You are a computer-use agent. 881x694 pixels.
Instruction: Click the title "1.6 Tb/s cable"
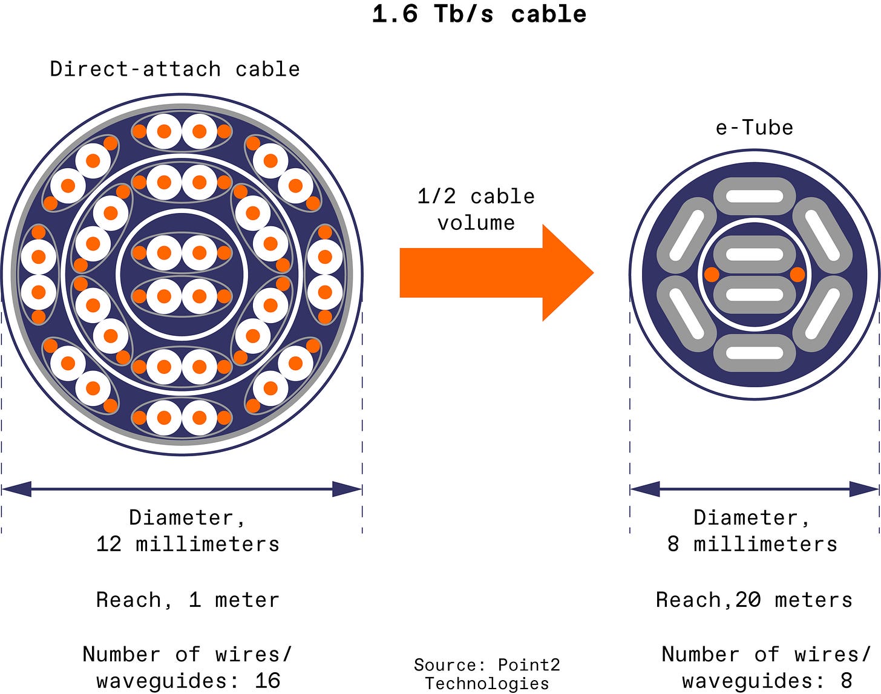coord(479,15)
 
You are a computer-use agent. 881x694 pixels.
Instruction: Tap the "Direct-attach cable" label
coord(175,69)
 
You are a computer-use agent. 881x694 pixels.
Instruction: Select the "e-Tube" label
coord(754,128)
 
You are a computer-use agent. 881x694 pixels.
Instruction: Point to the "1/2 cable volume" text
coord(476,209)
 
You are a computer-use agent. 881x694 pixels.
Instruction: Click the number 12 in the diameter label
coord(109,544)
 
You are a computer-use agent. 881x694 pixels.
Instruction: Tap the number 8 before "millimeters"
coord(673,544)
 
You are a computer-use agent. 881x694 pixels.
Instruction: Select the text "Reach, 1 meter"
coord(188,600)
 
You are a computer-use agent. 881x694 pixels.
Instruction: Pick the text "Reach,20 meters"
coord(754,600)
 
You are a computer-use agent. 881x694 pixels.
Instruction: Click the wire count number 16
coord(267,680)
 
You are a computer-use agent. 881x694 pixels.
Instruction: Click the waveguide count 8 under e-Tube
coord(846,680)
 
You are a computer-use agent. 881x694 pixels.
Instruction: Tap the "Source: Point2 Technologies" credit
coord(487,673)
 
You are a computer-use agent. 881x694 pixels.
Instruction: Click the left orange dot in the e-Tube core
coord(712,275)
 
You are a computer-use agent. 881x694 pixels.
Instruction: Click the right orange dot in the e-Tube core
coord(797,275)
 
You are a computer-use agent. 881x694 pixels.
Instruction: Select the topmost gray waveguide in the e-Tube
coord(754,196)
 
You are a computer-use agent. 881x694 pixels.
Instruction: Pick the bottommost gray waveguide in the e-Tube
coord(754,353)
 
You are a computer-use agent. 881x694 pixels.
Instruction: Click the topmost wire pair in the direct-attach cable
coord(182,131)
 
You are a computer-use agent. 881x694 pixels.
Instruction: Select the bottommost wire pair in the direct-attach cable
coord(182,417)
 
